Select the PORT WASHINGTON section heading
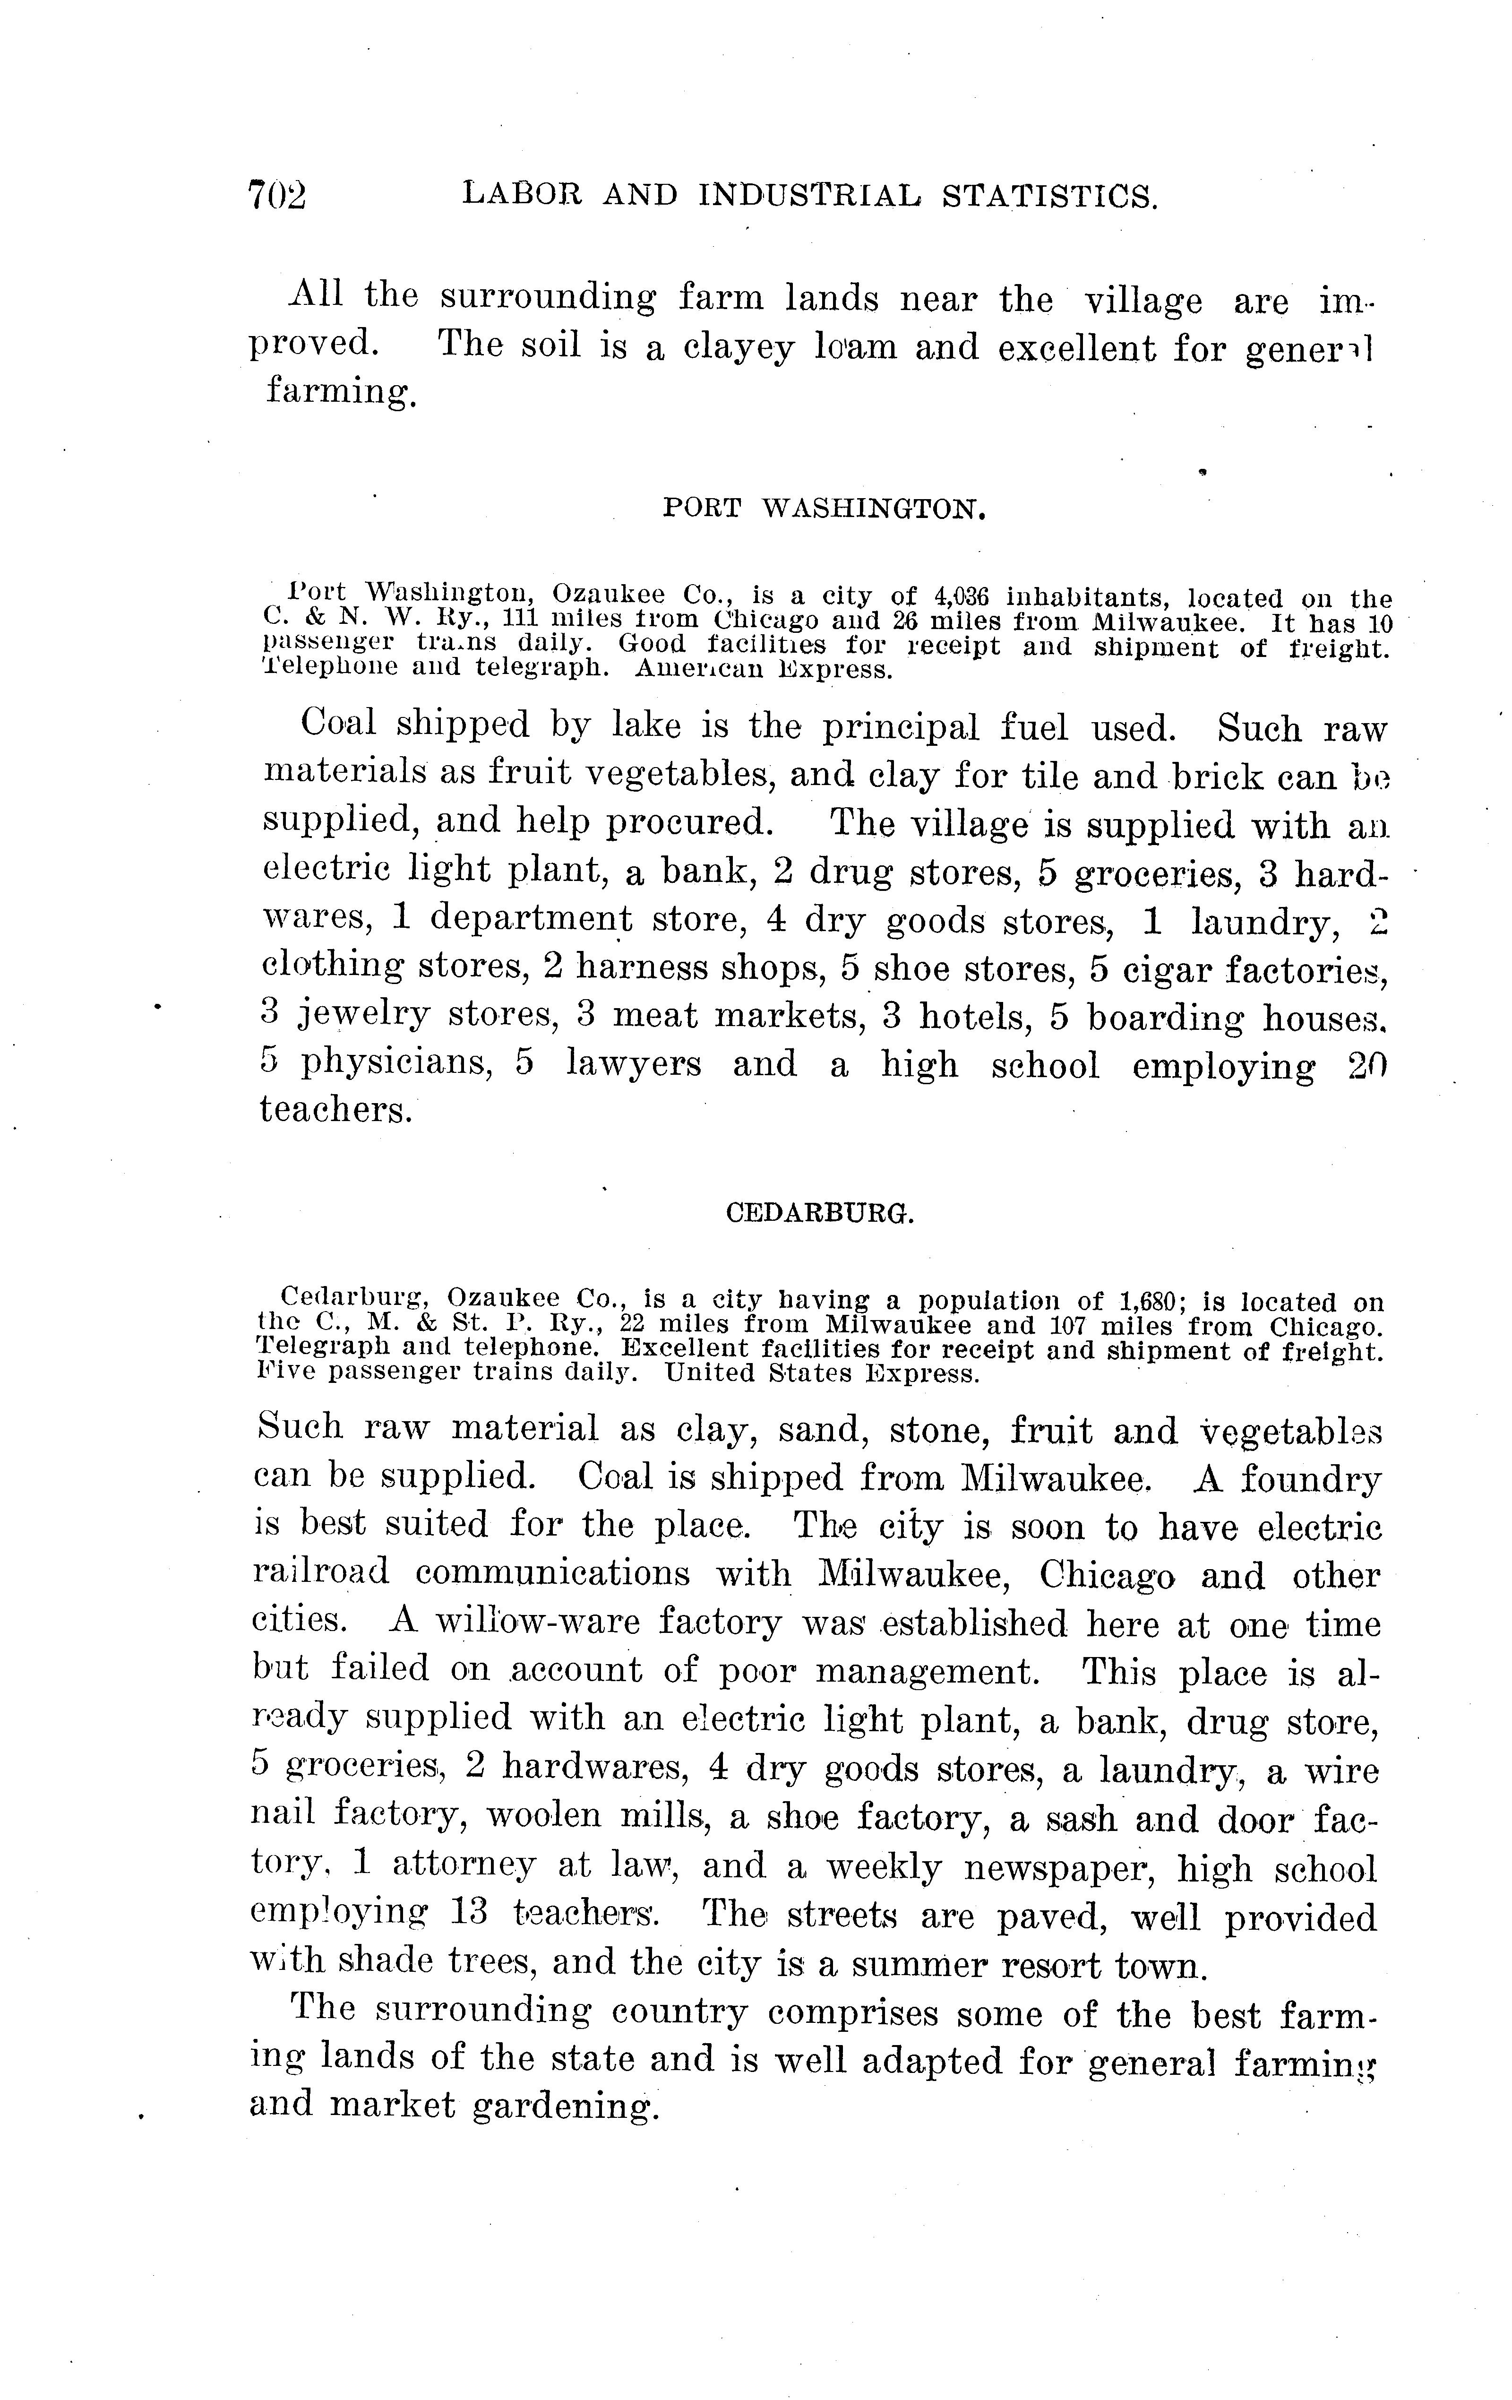(x=824, y=509)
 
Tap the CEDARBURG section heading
(x=819, y=1213)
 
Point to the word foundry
(x=1312, y=1479)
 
